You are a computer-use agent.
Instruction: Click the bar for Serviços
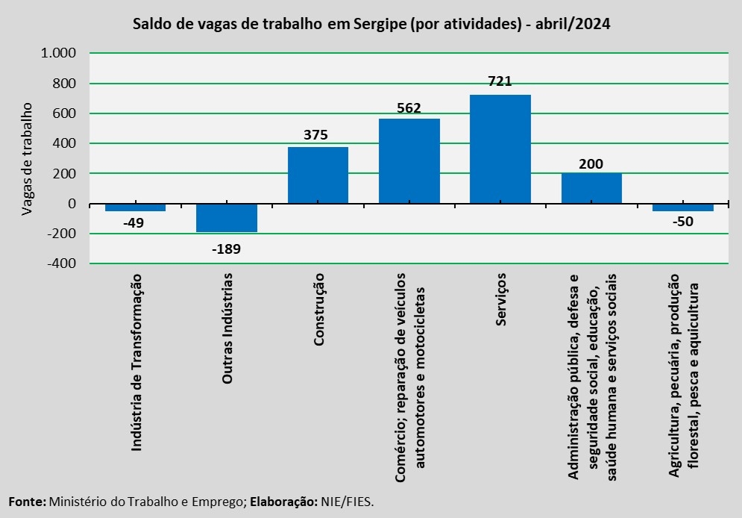point(500,149)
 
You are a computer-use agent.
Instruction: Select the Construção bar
point(318,175)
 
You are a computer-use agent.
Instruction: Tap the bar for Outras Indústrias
point(227,218)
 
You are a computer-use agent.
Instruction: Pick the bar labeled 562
point(409,160)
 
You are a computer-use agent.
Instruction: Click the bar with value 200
point(591,188)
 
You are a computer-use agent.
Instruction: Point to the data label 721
point(500,81)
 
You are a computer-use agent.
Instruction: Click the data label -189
point(227,249)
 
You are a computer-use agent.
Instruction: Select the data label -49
point(136,222)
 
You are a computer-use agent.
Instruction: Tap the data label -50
point(682,222)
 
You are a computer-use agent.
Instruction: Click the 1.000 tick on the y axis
point(59,54)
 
